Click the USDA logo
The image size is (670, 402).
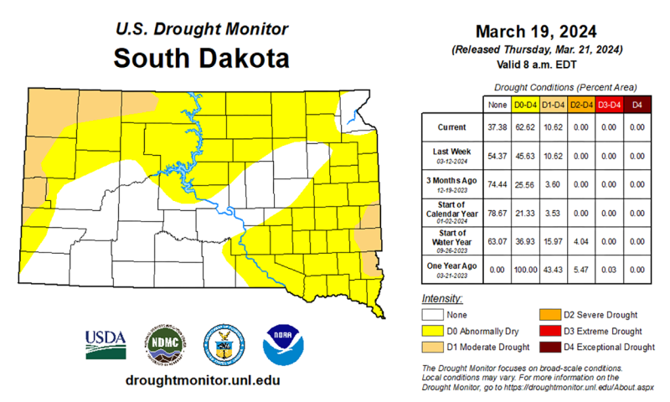105,343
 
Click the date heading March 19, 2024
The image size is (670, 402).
536,32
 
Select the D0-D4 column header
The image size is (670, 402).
524,105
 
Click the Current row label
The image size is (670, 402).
451,127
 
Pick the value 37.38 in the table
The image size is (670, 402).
497,127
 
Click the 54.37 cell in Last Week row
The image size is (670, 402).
497,155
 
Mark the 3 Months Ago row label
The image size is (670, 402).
451,183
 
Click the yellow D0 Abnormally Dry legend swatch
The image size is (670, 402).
432,331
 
